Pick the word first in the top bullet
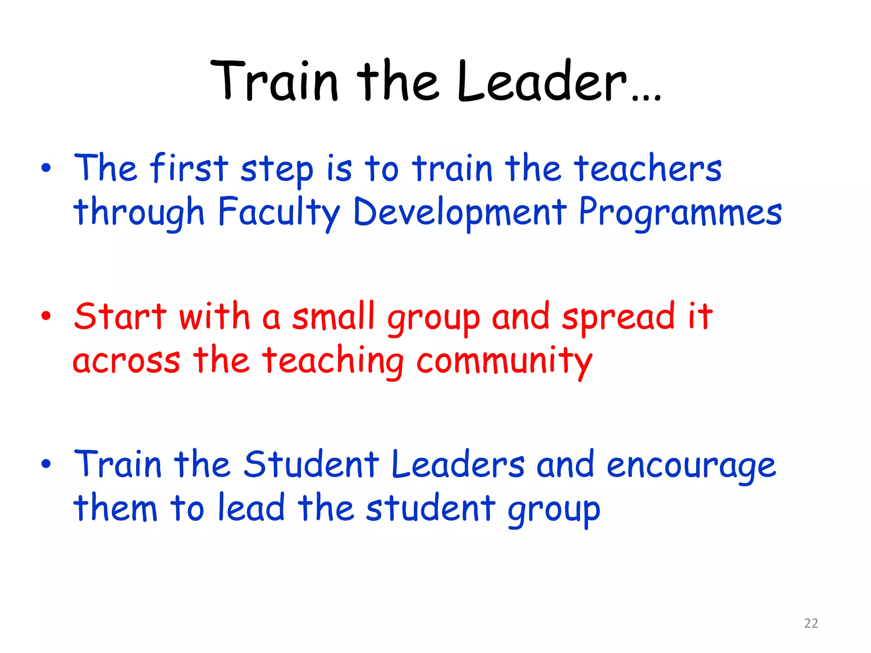(189, 169)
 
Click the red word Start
(120, 317)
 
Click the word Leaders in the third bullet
(458, 464)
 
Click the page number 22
(811, 623)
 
